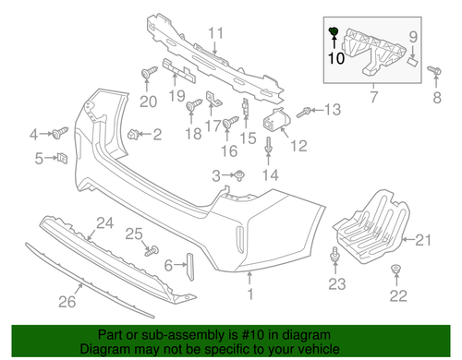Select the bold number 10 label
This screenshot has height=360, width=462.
334,56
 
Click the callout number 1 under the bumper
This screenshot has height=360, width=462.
249,295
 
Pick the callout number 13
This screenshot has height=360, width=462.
332,110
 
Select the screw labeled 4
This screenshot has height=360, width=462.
61,132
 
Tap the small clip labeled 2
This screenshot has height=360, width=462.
135,135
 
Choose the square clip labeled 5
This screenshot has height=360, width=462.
62,159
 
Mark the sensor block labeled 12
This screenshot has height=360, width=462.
274,121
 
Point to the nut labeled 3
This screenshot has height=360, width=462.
239,175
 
